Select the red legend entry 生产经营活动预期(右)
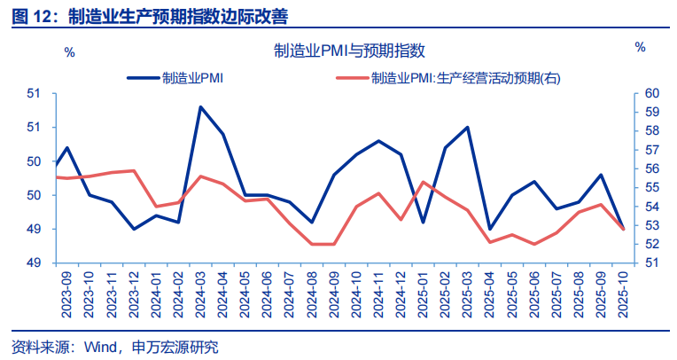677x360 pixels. point(466,78)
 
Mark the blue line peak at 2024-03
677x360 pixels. point(200,107)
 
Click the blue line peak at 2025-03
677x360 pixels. point(467,128)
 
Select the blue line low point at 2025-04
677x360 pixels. point(489,229)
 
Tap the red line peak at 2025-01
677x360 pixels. point(423,182)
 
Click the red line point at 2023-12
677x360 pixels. point(134,170)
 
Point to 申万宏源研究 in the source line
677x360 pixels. point(176,346)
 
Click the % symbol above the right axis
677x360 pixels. point(640,47)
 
